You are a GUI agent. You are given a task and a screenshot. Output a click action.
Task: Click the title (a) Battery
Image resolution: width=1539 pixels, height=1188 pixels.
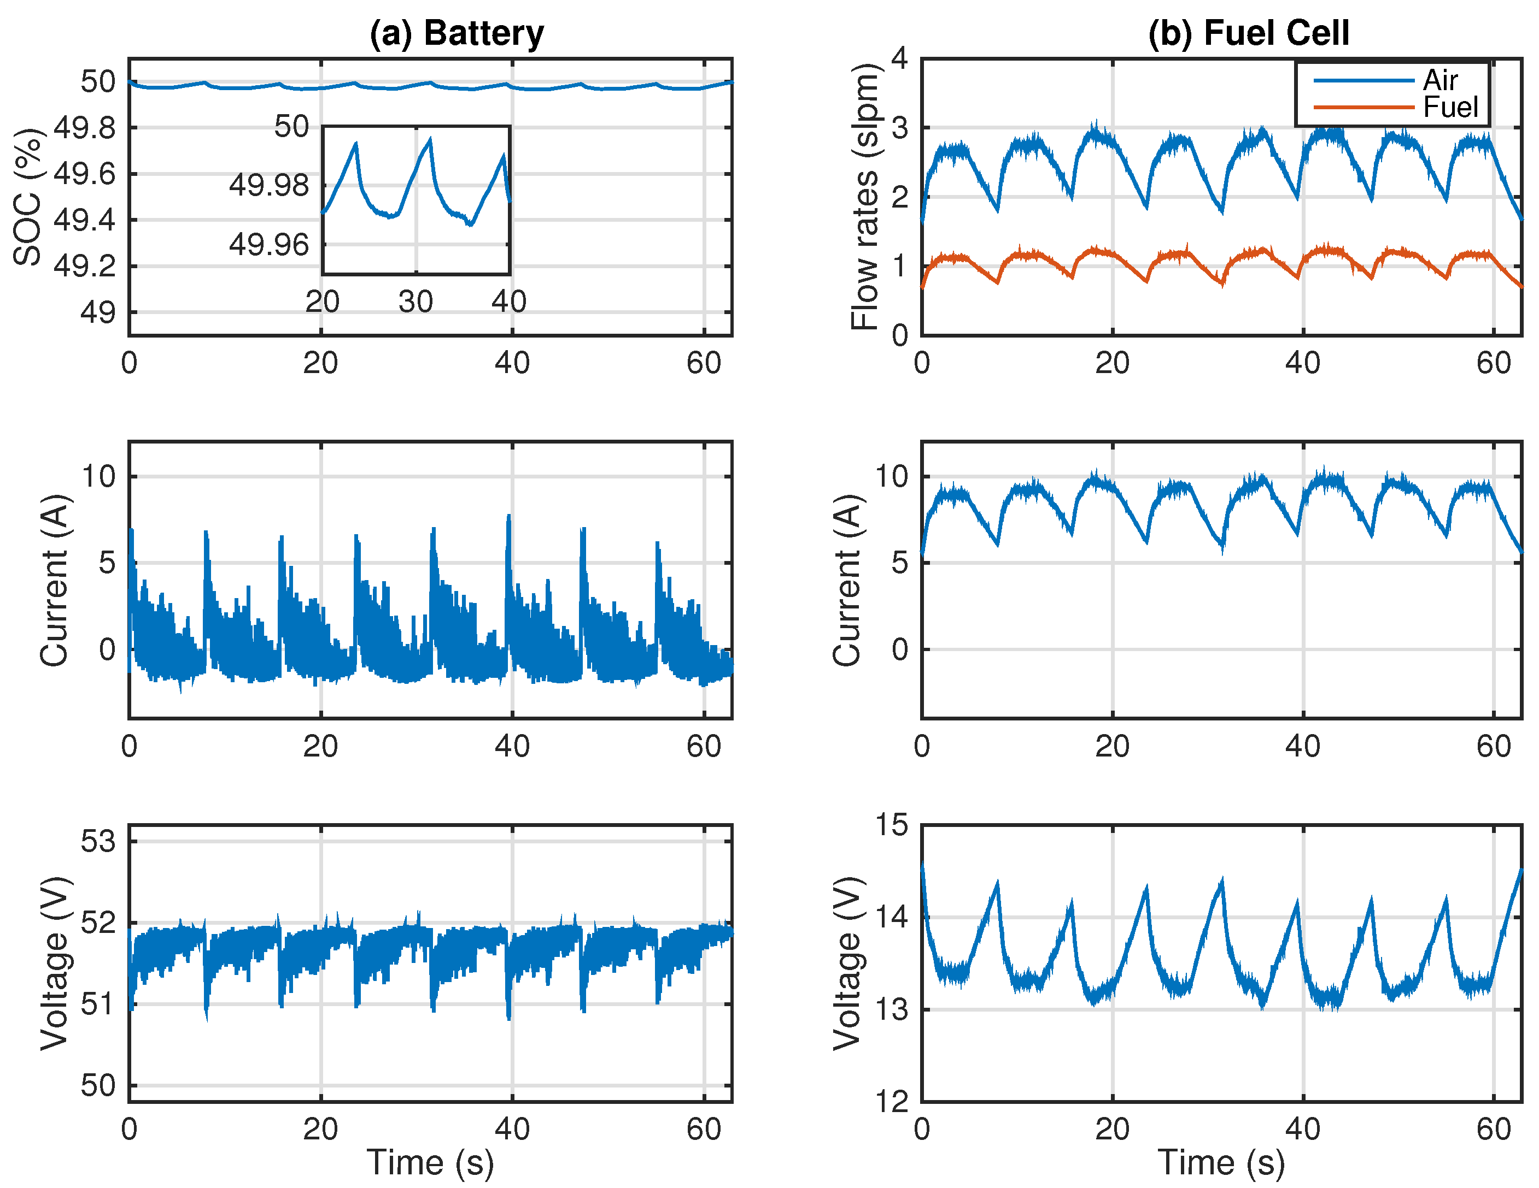(457, 33)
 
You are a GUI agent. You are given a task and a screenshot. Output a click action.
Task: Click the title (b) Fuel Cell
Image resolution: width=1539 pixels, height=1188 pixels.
(1248, 33)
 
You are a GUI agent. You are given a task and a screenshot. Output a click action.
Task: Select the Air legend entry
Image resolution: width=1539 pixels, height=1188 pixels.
(1439, 80)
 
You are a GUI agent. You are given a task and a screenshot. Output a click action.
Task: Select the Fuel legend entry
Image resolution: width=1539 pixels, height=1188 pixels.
(1449, 108)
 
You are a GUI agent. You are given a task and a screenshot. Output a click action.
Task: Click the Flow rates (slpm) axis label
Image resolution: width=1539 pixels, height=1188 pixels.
(865, 197)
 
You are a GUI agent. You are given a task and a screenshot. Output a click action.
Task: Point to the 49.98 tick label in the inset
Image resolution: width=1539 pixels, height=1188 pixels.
(268, 186)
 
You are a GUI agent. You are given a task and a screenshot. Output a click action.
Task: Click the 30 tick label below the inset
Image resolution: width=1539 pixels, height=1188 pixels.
(415, 302)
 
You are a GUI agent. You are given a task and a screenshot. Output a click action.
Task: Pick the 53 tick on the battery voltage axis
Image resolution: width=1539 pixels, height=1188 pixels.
(97, 842)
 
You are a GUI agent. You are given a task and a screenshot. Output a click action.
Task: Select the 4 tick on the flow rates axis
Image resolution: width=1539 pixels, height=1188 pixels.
(899, 58)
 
